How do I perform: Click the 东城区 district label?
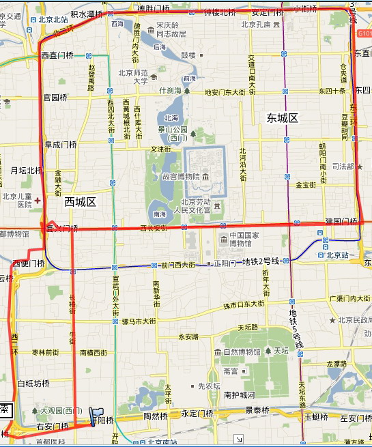[283, 118]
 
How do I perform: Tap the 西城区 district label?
[81, 202]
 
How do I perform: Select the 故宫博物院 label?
[180, 177]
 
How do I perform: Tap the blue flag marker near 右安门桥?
[95, 415]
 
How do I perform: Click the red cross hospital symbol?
[38, 201]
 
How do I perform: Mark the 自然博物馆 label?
[242, 352]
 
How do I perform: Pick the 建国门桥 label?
[341, 221]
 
